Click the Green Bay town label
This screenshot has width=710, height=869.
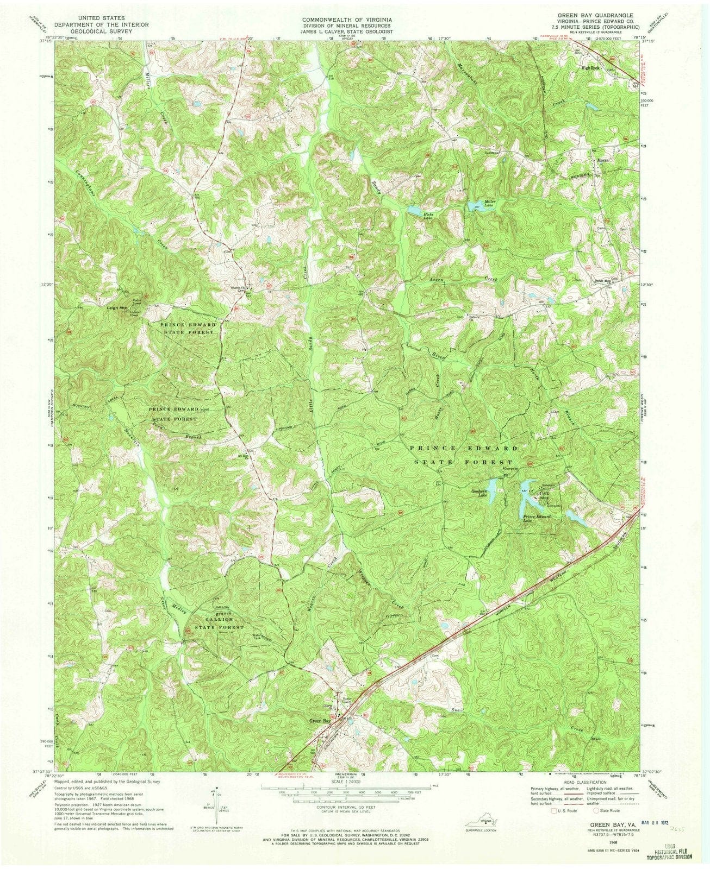pyautogui.click(x=320, y=721)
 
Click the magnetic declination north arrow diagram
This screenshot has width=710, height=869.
pyautogui.click(x=216, y=803)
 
